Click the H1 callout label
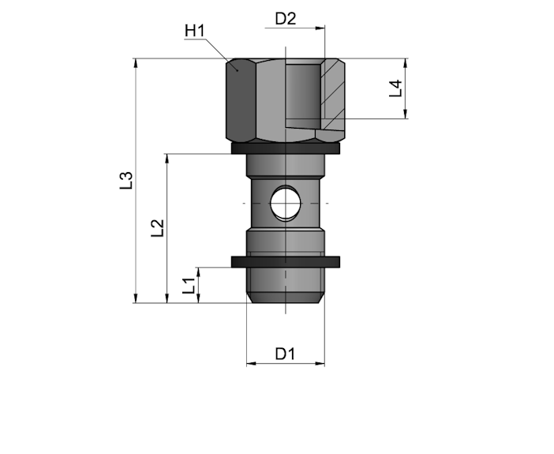[x=195, y=31]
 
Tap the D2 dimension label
[x=286, y=18]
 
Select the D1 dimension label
[x=285, y=354]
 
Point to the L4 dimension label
[x=395, y=88]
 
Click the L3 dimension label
[x=126, y=180]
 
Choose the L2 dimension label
[x=158, y=228]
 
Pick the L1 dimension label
[x=189, y=285]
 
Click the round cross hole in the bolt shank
[x=286, y=203]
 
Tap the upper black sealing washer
[x=286, y=148]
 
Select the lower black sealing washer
[x=286, y=261]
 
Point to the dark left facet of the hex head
[x=241, y=101]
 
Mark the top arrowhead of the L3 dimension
[x=135, y=62]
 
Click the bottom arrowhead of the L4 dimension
[x=406, y=114]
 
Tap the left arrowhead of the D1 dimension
[x=251, y=363]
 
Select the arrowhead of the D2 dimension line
[x=320, y=28]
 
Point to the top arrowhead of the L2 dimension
[x=167, y=158]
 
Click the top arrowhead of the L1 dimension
[x=199, y=272]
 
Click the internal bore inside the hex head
[x=303, y=92]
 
